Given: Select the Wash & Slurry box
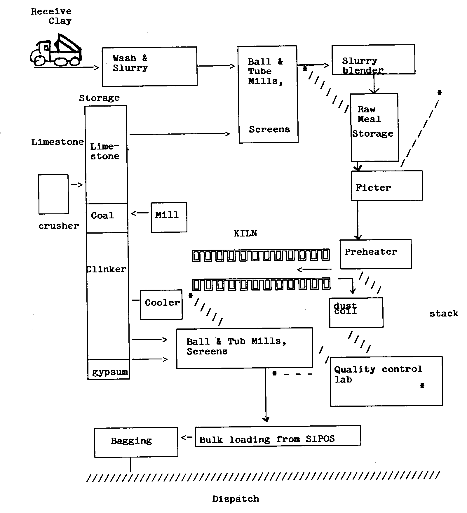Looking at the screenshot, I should coord(149,66).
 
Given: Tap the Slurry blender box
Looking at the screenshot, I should coord(373,60).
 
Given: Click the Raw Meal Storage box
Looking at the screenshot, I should coord(374,127).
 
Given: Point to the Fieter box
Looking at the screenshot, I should coord(387,186).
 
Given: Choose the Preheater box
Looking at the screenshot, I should coord(376,254).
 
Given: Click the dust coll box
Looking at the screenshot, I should coord(356,312).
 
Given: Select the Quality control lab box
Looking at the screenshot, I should coord(386,381).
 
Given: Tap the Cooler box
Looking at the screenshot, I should coord(161,305).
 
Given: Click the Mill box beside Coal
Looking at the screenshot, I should coord(169,217).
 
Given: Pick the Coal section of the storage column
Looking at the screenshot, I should coord(107,218).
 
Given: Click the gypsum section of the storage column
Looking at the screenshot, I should coord(109,370).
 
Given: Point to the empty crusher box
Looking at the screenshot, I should coord(53,194).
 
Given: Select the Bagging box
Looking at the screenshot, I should coord(136,442).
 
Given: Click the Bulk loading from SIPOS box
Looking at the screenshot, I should coord(278,436).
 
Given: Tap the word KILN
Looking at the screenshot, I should coord(245,233).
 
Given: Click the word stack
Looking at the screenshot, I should coord(444,314).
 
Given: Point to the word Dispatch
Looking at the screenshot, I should coord(236,499).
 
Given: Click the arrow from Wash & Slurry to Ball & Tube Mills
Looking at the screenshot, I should coord(216,66).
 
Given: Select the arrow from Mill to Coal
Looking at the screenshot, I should coord(140,213).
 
